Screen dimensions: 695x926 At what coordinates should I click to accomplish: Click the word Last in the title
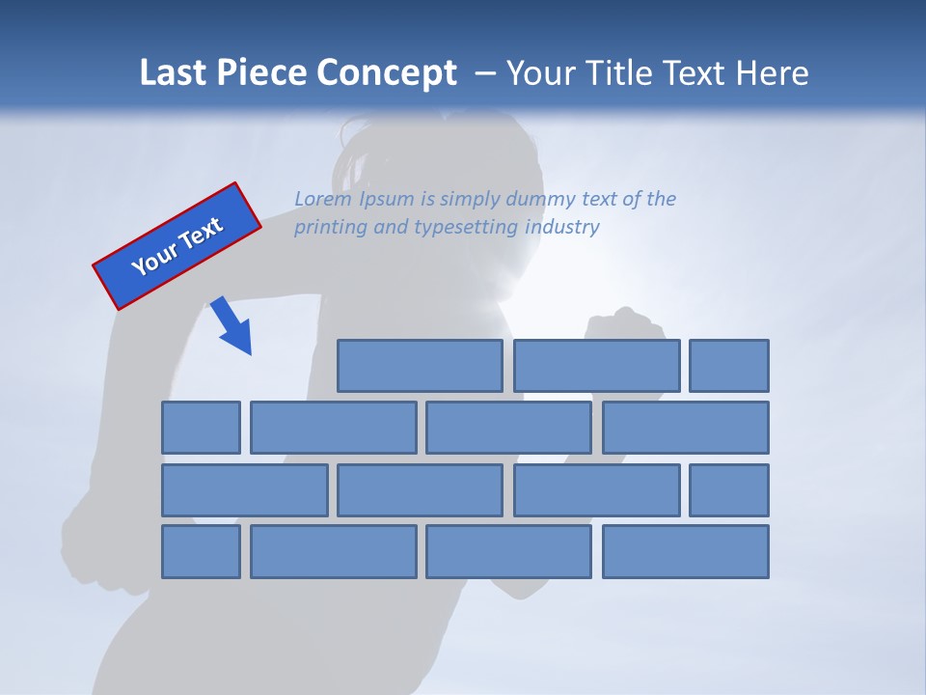(175, 72)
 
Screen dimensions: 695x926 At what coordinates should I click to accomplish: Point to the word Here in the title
(772, 72)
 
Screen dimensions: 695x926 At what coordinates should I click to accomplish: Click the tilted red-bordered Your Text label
(177, 246)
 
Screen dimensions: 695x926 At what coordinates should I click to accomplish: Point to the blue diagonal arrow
(231, 326)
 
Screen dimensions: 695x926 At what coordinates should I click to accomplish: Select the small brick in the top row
(729, 366)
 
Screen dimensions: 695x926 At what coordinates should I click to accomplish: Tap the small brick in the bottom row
(201, 551)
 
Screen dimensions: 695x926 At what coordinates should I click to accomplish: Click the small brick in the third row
(729, 489)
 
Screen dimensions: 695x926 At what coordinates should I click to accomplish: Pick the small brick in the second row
(201, 428)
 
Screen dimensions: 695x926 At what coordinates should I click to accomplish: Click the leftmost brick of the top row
(420, 366)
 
